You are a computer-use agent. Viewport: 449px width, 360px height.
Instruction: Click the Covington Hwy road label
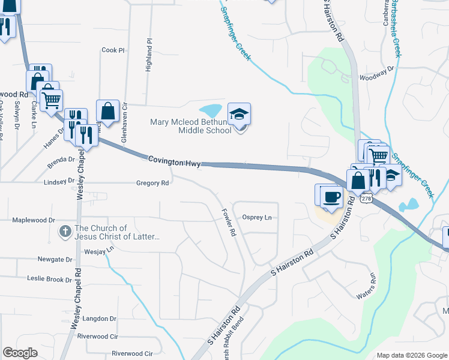coord(174,159)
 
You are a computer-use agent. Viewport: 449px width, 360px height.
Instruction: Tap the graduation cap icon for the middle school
coord(239,114)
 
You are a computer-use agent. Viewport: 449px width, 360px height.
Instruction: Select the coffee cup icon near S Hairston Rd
coord(332,196)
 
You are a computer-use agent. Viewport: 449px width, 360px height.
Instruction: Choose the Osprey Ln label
coord(256,217)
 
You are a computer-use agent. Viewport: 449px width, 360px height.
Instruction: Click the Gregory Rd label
coord(152,183)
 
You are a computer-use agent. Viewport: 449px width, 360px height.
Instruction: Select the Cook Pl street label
coord(112,50)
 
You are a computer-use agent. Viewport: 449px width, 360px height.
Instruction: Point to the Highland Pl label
coord(149,56)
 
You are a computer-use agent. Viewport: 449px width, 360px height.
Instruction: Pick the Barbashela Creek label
coord(394,27)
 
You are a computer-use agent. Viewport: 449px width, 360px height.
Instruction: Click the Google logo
coord(20,353)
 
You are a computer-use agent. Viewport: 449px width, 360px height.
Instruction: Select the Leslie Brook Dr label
coord(49,279)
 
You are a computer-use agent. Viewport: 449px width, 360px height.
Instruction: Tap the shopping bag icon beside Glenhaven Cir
coord(107,111)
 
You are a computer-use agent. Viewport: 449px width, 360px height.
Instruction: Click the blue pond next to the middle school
coord(211,111)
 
